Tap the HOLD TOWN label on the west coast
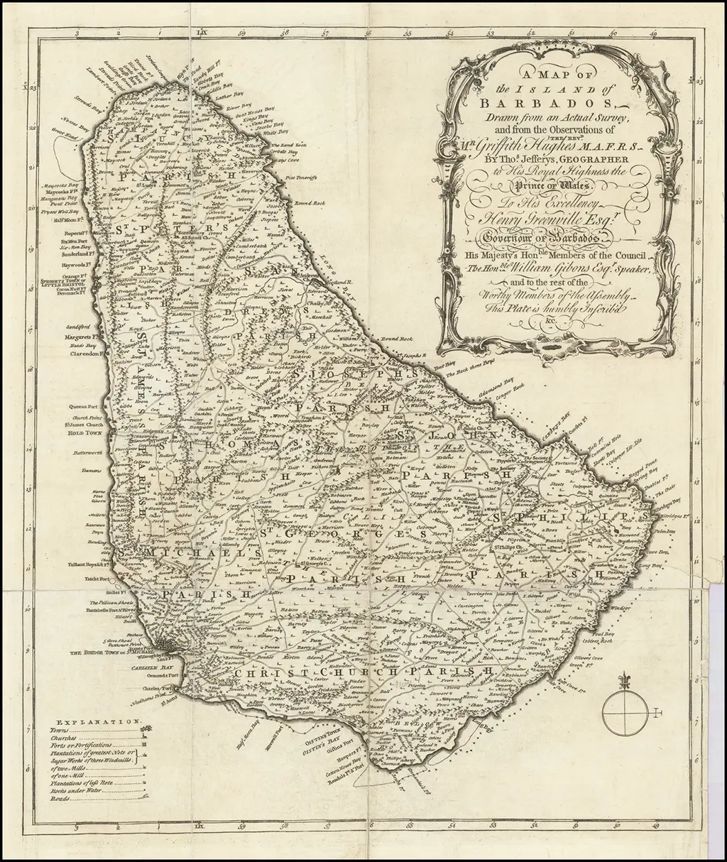click(85, 432)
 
